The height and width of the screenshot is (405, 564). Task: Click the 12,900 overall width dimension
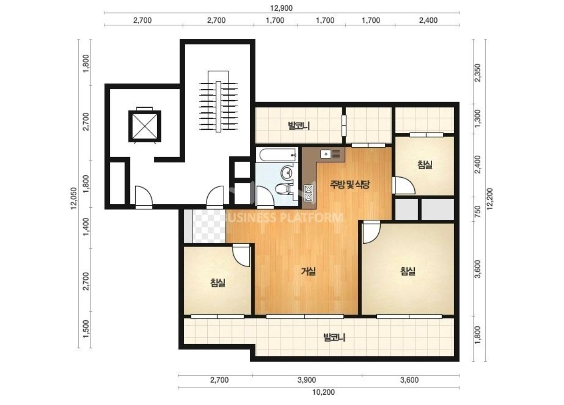click(281, 8)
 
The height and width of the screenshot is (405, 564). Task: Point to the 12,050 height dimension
click(74, 198)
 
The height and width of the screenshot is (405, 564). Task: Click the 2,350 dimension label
click(477, 73)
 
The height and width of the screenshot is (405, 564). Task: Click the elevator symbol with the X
click(145, 126)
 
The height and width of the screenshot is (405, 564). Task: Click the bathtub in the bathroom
click(277, 155)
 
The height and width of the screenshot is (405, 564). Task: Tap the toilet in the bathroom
click(283, 189)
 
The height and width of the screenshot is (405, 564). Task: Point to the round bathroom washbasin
click(287, 173)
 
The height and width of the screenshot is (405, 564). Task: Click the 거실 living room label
click(309, 271)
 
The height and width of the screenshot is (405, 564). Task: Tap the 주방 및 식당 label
click(350, 185)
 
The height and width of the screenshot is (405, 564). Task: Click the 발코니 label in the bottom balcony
click(334, 337)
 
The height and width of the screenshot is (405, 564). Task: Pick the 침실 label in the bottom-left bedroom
click(218, 282)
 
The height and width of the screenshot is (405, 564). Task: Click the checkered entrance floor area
click(209, 226)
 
